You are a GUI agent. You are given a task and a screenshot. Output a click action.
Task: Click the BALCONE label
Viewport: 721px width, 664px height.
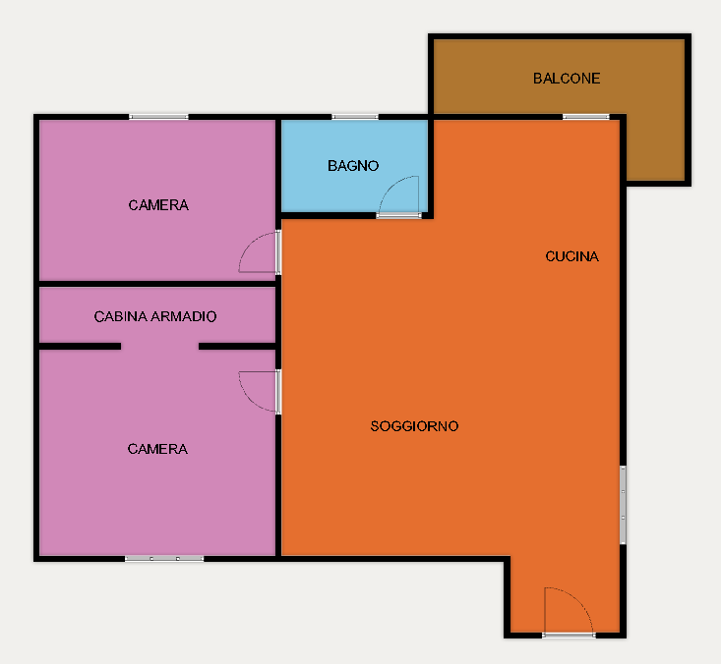(x=567, y=79)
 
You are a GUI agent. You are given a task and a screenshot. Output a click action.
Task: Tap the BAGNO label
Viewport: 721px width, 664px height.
(x=353, y=166)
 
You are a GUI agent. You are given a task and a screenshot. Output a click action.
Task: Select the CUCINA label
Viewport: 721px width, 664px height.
(x=572, y=256)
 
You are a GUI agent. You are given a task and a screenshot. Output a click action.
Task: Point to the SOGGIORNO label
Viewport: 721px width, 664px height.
(x=414, y=426)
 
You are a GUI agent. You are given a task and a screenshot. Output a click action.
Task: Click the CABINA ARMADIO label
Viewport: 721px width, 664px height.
(x=155, y=316)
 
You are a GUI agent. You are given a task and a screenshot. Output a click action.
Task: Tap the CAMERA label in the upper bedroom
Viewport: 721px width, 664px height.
(x=158, y=205)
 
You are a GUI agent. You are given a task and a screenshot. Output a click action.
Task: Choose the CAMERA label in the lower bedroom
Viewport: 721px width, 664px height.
(x=157, y=449)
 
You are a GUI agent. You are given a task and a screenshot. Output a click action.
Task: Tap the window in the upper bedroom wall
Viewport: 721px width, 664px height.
(x=158, y=117)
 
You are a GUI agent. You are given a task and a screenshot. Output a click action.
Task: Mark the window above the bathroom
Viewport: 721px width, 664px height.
(x=355, y=117)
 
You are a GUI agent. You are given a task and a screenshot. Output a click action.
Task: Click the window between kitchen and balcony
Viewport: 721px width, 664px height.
(x=586, y=117)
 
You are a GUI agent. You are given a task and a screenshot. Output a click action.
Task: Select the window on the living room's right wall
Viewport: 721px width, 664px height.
(x=623, y=505)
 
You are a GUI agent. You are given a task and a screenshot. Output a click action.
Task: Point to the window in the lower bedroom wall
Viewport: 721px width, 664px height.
(x=164, y=558)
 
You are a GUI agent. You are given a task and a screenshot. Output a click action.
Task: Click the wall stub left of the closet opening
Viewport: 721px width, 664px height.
(x=80, y=346)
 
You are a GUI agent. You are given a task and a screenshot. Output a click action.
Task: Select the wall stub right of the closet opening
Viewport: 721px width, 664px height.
(x=237, y=346)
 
